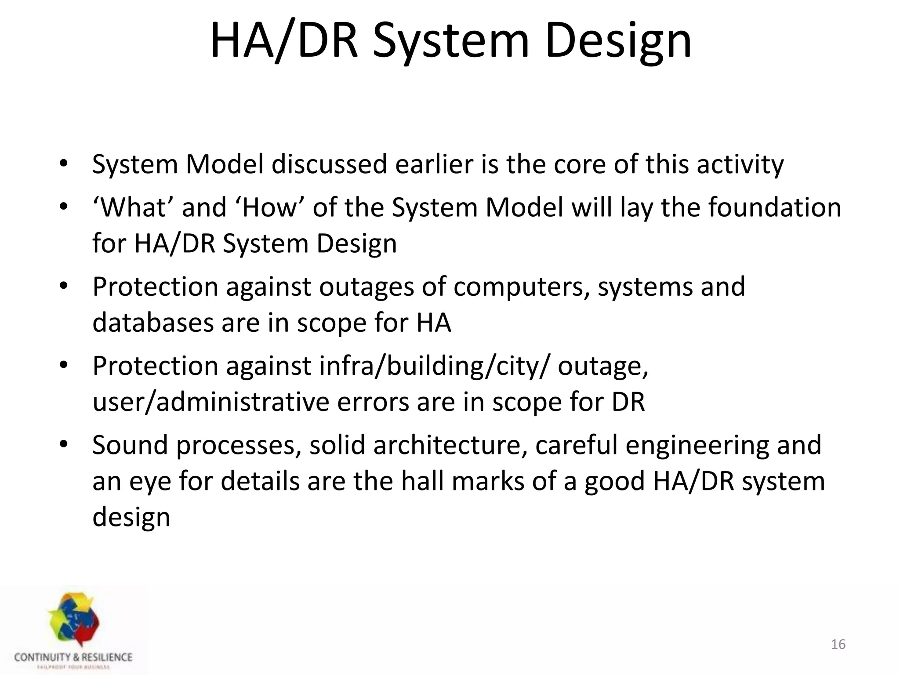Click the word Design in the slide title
click(617, 42)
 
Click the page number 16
click(838, 644)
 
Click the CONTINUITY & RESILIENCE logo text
click(73, 657)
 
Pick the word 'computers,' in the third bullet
click(522, 287)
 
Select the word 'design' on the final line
click(131, 517)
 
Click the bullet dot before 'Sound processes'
click(64, 445)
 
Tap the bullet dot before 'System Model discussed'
click(64, 164)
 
